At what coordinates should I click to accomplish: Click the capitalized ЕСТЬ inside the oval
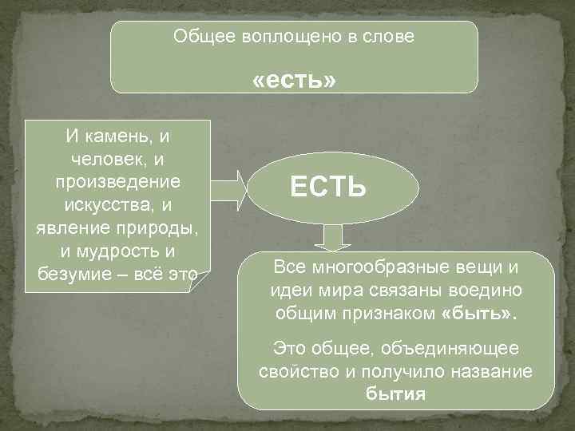tap(328, 188)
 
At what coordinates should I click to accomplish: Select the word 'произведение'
tap(118, 182)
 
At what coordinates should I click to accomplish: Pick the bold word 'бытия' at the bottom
tap(396, 394)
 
